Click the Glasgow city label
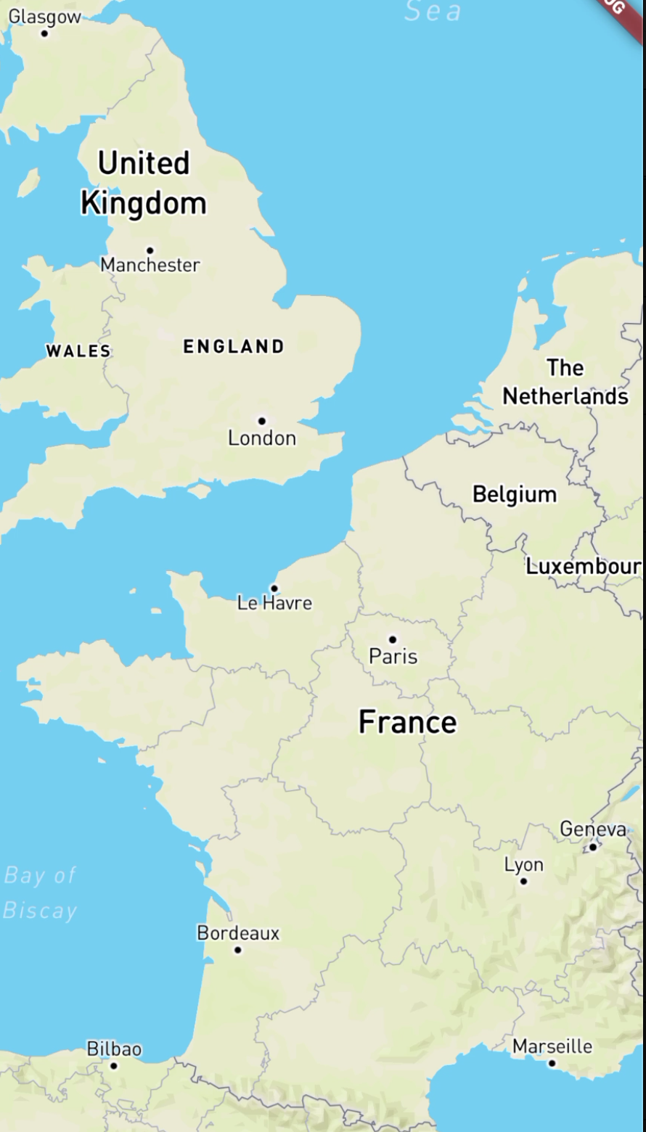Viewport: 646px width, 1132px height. tap(44, 17)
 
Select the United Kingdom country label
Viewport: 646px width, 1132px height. tap(144, 183)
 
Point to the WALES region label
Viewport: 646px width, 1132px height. tap(78, 351)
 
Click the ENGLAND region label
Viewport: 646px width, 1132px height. tap(234, 347)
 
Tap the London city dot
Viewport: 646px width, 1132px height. tap(262, 421)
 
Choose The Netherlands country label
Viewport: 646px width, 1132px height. tap(565, 382)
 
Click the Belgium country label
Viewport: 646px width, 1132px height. tap(515, 494)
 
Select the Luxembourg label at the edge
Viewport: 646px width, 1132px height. tap(584, 566)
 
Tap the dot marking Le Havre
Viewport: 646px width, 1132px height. tap(274, 588)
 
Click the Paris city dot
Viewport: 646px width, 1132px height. tap(393, 639)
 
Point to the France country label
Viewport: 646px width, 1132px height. tap(408, 722)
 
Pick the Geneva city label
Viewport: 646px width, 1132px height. tap(592, 829)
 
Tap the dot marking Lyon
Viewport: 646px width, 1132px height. tap(523, 881)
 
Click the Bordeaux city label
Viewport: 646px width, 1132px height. tap(238, 933)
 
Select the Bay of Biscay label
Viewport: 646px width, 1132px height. tap(40, 893)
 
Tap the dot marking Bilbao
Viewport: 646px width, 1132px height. tap(113, 1065)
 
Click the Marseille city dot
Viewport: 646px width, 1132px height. tap(552, 1063)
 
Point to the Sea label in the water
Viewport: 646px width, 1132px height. tap(433, 12)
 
